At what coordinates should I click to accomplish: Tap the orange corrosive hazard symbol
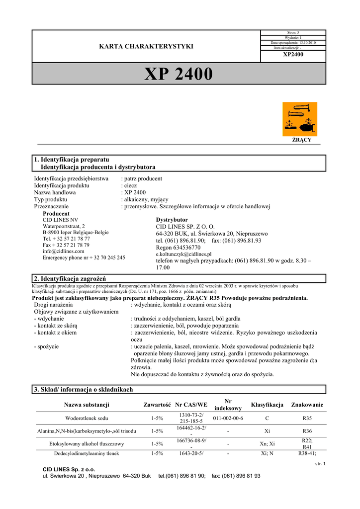pyautogui.click(x=299, y=119)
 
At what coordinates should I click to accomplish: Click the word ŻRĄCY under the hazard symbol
pyautogui.click(x=301, y=140)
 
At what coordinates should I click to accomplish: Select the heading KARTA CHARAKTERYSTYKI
pyautogui.click(x=146, y=46)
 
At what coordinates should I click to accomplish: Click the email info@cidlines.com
pyautogui.click(x=64, y=251)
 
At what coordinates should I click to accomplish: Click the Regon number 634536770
pyautogui.click(x=178, y=247)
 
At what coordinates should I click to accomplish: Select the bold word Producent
pyautogui.click(x=56, y=214)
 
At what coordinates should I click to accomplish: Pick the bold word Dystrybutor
pyautogui.click(x=172, y=219)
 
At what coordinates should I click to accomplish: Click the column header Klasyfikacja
pyautogui.click(x=267, y=405)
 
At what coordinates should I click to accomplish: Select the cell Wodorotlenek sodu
pyautogui.click(x=87, y=418)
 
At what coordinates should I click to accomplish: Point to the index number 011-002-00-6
pyautogui.click(x=228, y=418)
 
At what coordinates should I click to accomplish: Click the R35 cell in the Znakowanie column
pyautogui.click(x=307, y=418)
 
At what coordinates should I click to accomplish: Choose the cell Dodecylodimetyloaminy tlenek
pyautogui.click(x=87, y=453)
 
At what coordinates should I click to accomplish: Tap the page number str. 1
pyautogui.click(x=320, y=464)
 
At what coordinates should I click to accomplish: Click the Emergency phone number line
pyautogui.click(x=84, y=257)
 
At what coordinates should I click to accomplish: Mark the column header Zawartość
pyautogui.click(x=157, y=405)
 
